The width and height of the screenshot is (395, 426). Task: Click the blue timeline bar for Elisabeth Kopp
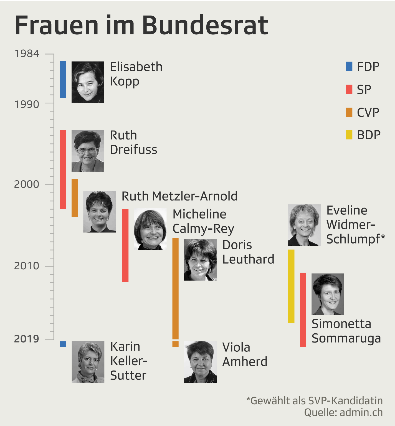pyautogui.click(x=63, y=79)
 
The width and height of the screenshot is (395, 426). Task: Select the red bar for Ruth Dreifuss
pyautogui.click(x=63, y=169)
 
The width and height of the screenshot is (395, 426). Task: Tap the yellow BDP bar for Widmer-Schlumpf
pyautogui.click(x=291, y=286)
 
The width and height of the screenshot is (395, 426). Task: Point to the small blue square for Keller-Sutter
pyautogui.click(x=63, y=344)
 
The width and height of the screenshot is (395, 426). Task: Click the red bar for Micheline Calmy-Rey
pyautogui.click(x=125, y=245)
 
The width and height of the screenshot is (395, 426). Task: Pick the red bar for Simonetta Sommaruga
pyautogui.click(x=303, y=310)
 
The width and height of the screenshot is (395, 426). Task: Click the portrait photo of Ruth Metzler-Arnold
pyautogui.click(x=100, y=212)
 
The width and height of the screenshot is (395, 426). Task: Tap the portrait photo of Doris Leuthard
pyautogui.click(x=200, y=260)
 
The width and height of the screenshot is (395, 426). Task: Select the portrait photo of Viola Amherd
pyautogui.click(x=200, y=362)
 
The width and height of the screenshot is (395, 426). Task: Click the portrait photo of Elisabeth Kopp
pyautogui.click(x=88, y=82)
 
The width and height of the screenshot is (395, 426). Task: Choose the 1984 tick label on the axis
pyautogui.click(x=27, y=54)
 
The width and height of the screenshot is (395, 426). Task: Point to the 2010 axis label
pyautogui.click(x=27, y=266)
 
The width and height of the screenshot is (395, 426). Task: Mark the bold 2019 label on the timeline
pyautogui.click(x=27, y=339)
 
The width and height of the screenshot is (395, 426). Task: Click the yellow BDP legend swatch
pyautogui.click(x=349, y=135)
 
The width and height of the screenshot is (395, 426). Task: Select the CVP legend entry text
pyautogui.click(x=368, y=112)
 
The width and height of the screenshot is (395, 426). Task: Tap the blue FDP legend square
pyautogui.click(x=349, y=67)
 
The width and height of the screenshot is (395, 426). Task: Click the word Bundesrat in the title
pyautogui.click(x=205, y=26)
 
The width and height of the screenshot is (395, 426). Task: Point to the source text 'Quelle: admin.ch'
pyautogui.click(x=343, y=412)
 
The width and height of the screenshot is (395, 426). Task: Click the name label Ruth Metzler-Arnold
pyautogui.click(x=179, y=196)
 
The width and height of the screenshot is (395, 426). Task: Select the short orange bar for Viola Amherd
pyautogui.click(x=175, y=344)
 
